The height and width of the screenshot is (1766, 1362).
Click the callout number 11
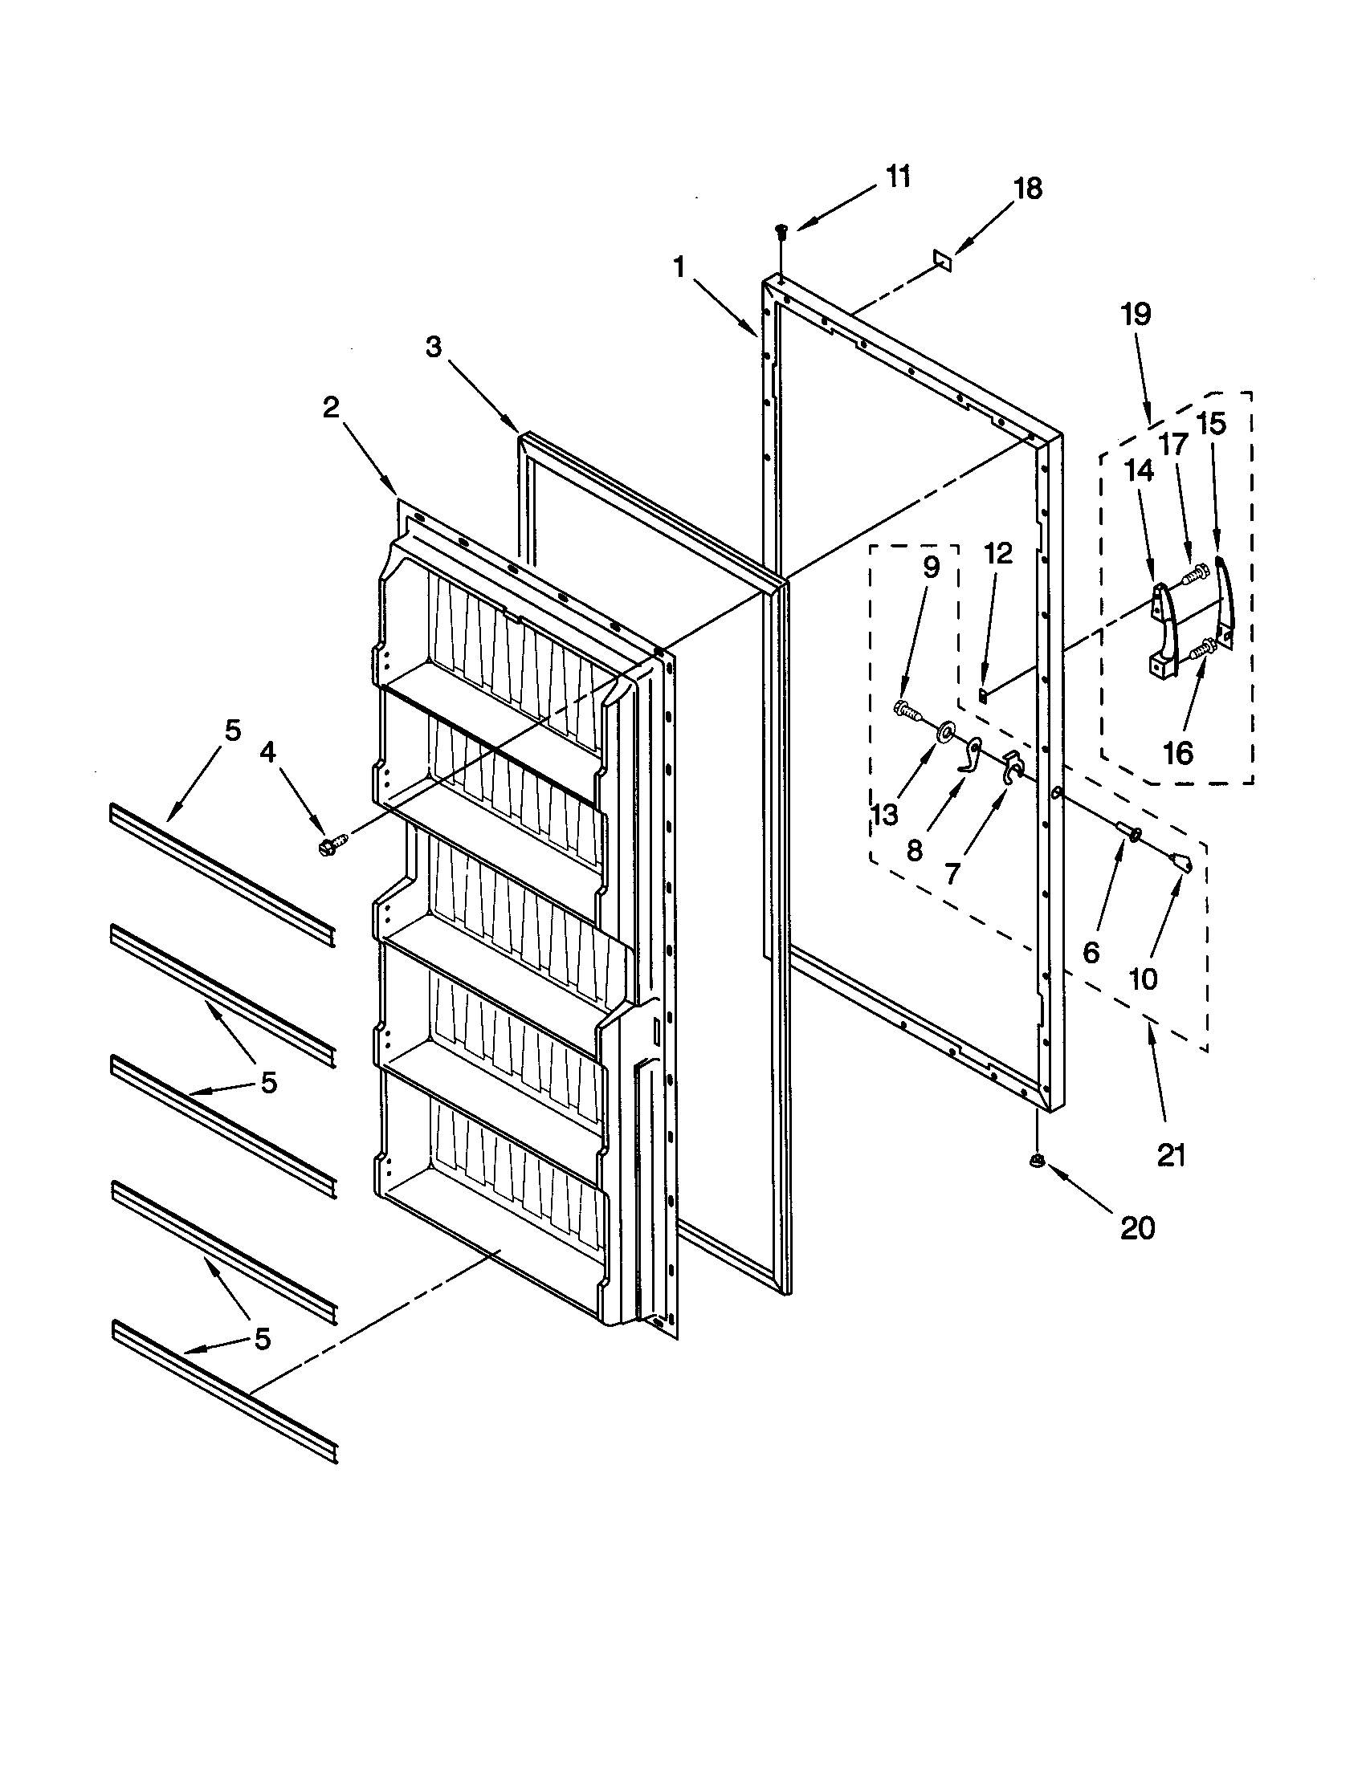[897, 177]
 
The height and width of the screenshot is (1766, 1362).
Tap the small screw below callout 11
[781, 232]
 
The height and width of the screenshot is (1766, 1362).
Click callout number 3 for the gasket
[434, 348]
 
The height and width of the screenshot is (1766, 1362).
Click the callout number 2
[330, 409]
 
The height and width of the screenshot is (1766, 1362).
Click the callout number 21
[1170, 1156]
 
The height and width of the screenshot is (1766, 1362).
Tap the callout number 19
[1136, 314]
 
